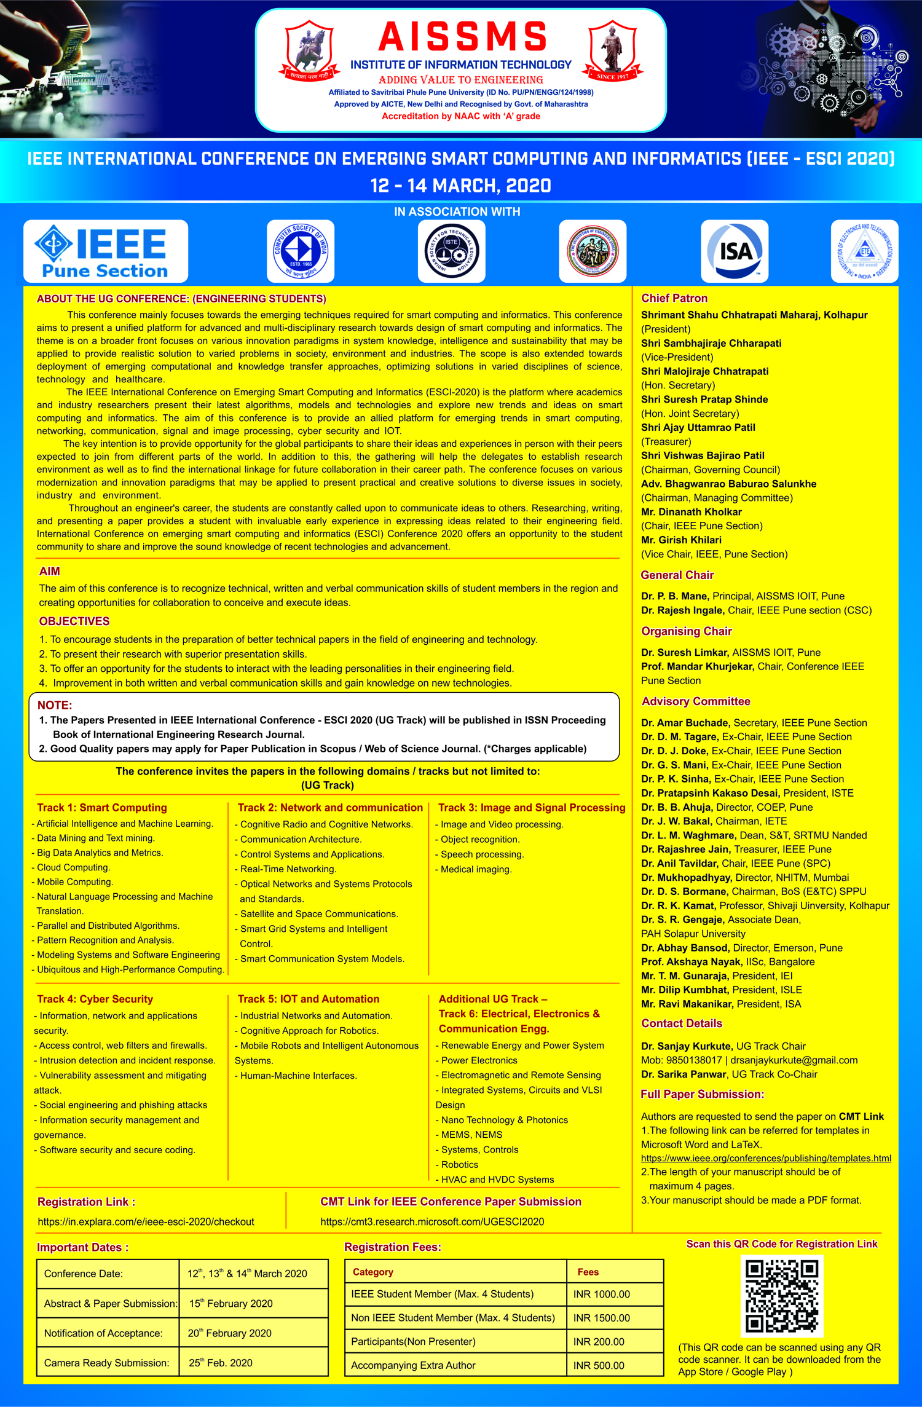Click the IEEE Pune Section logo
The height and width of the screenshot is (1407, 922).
click(x=105, y=251)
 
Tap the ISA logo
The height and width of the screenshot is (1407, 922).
click(x=735, y=251)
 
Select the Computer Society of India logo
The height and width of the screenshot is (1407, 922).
click(x=301, y=251)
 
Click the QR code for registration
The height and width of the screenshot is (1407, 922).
click(x=781, y=1296)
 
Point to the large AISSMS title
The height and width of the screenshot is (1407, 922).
click(x=462, y=37)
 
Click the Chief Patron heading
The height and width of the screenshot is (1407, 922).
click(x=674, y=298)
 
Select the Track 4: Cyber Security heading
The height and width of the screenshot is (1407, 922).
click(x=95, y=999)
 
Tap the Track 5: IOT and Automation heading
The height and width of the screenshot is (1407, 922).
click(x=309, y=999)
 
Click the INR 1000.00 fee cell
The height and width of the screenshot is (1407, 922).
click(x=602, y=1294)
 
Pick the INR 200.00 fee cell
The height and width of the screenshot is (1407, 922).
click(x=599, y=1341)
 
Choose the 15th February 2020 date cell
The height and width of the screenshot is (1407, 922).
click(x=231, y=1303)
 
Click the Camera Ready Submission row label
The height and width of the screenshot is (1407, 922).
click(x=106, y=1363)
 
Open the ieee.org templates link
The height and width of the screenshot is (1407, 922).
click(x=766, y=1158)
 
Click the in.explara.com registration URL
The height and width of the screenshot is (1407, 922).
click(x=146, y=1221)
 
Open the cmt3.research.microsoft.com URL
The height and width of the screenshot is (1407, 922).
click(x=432, y=1221)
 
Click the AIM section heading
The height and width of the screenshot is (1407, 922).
click(x=50, y=571)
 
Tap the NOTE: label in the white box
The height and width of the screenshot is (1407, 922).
click(x=55, y=705)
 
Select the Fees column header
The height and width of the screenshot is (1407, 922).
click(x=588, y=1272)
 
